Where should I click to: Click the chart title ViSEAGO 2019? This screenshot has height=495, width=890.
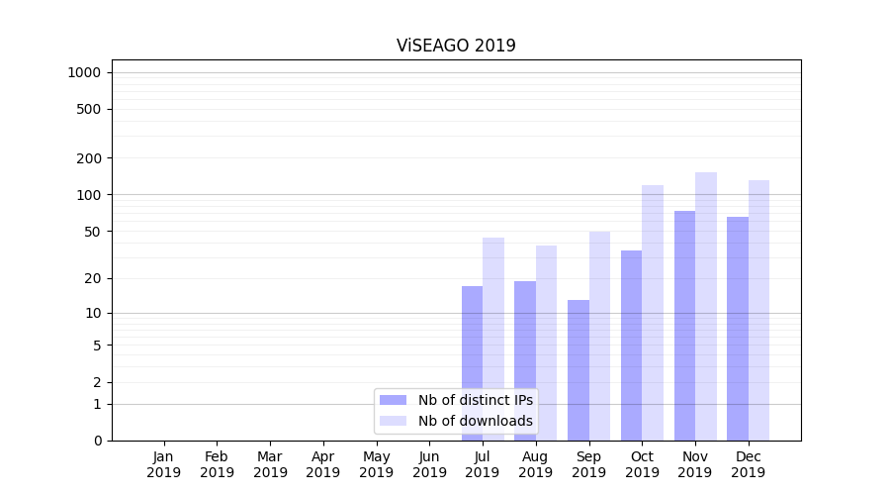point(456,46)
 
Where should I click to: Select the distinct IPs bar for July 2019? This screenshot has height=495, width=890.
point(472,363)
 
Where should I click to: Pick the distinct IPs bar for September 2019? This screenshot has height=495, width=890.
point(578,370)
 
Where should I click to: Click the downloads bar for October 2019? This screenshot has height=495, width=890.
point(653,313)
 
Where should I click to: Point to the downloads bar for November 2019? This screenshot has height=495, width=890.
point(706,306)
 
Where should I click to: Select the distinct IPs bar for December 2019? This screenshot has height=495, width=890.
point(738,329)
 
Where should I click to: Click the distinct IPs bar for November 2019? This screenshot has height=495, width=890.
point(684,326)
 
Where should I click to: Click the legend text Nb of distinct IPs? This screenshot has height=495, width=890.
point(475,400)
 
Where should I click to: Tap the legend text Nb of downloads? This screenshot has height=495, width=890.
point(475,421)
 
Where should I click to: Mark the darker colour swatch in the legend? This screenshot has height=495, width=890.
point(394,400)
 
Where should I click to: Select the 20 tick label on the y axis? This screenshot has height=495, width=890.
point(93,278)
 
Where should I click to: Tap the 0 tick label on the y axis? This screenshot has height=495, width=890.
point(97,441)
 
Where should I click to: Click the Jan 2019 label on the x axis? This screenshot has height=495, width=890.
point(164,464)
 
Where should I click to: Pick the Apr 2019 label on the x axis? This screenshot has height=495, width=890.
point(323,464)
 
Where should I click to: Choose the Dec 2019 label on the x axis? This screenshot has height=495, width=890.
point(749,464)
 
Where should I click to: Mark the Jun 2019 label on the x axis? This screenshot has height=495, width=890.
point(429,464)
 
